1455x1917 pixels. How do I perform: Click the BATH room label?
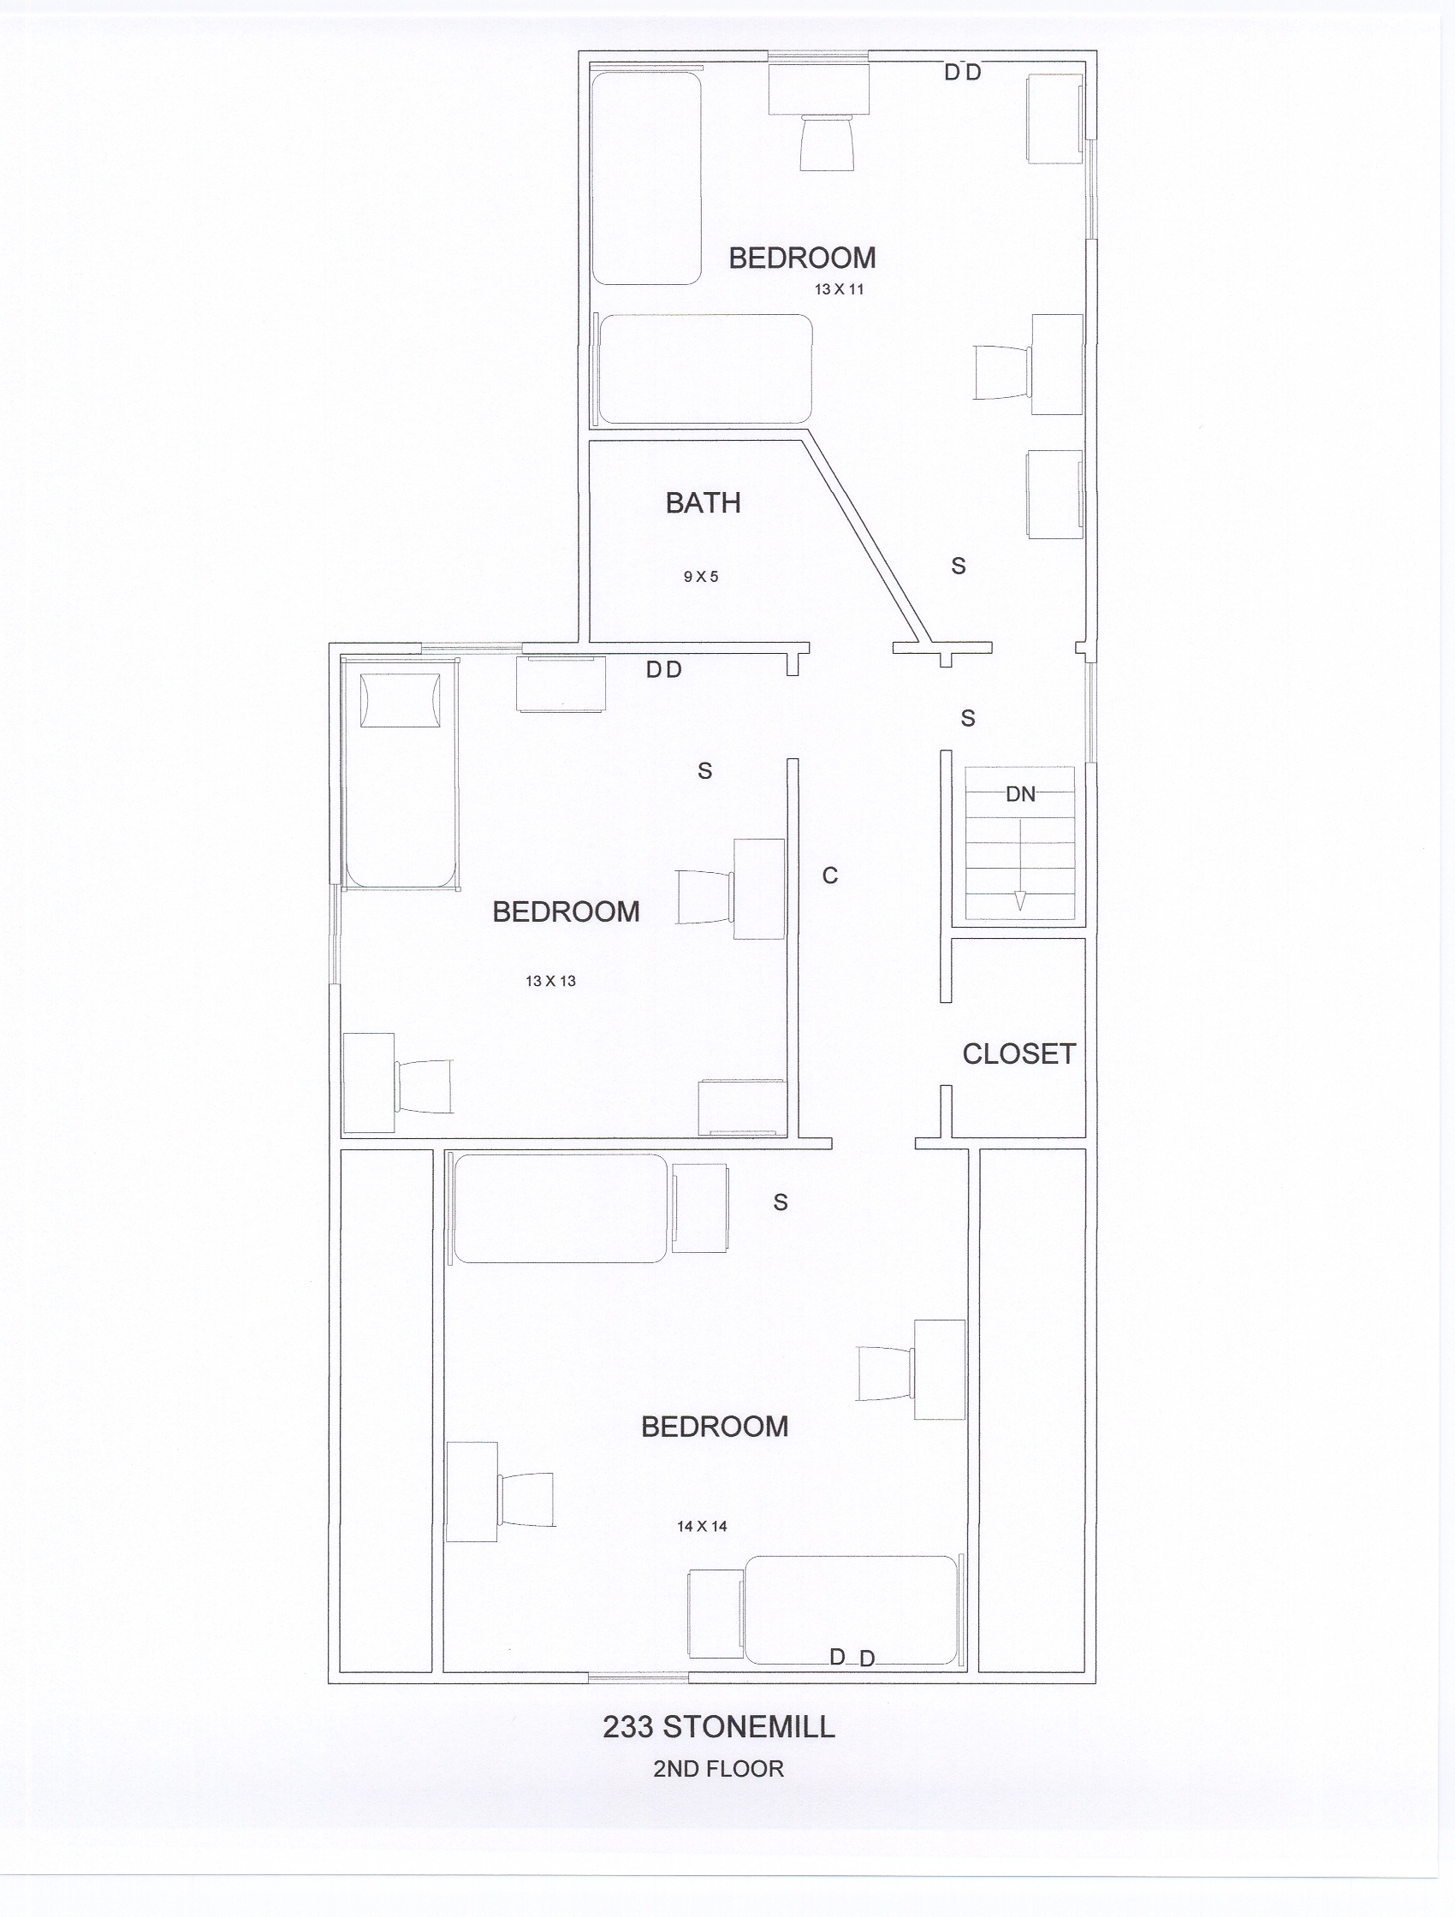click(703, 502)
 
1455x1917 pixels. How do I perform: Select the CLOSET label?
click(1019, 1053)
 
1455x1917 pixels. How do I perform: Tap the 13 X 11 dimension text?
click(839, 289)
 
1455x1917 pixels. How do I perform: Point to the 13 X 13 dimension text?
click(550, 981)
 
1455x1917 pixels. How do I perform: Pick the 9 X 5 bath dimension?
click(701, 576)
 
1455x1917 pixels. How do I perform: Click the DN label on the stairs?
click(1021, 794)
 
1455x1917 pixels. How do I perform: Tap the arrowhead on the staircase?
click(1020, 901)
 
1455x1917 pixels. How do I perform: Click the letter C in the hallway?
click(830, 876)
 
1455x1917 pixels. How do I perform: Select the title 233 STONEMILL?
click(719, 1727)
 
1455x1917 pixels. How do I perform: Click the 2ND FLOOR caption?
click(718, 1769)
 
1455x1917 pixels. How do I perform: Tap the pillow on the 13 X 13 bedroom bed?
click(400, 700)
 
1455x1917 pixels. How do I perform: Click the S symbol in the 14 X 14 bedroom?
click(781, 1202)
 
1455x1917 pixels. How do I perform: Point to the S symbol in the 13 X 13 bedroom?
click(704, 770)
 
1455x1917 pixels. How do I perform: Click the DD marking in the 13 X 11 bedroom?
click(963, 73)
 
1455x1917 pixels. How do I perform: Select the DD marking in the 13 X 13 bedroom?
click(665, 670)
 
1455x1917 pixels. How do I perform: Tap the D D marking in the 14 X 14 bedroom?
click(852, 1658)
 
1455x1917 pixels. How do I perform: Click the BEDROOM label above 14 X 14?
click(715, 1427)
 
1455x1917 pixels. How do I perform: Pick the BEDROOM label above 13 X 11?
click(803, 258)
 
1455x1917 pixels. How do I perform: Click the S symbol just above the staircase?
click(968, 718)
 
